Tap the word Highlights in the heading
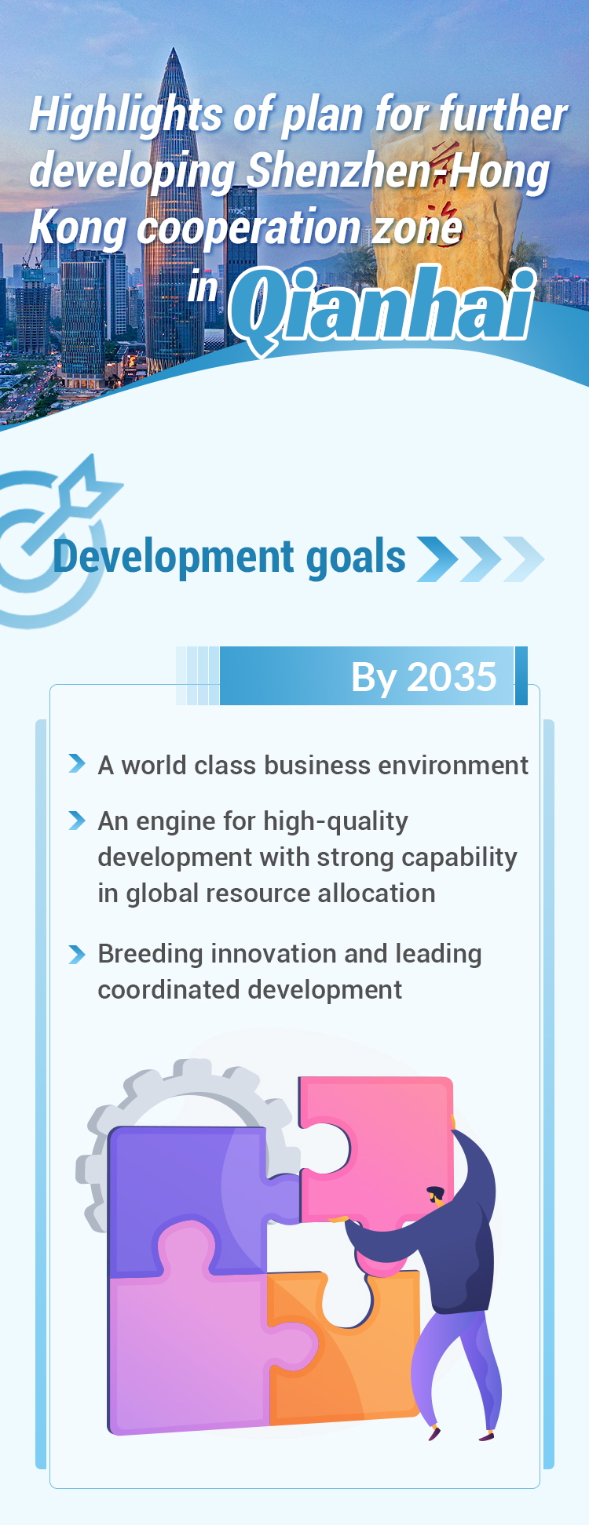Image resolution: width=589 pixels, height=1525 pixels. [126, 115]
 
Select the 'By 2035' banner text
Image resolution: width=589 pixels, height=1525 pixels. [423, 676]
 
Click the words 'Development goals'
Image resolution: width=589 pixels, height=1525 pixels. [229, 557]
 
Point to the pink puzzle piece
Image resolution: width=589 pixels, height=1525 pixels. [377, 1145]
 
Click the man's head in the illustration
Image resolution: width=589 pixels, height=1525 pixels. [437, 1196]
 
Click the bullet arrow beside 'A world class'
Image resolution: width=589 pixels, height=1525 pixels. [77, 763]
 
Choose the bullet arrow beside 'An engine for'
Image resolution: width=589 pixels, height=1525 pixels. [77, 820]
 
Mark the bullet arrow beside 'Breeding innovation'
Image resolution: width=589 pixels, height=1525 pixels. [77, 954]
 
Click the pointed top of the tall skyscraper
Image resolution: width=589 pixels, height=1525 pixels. [174, 49]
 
